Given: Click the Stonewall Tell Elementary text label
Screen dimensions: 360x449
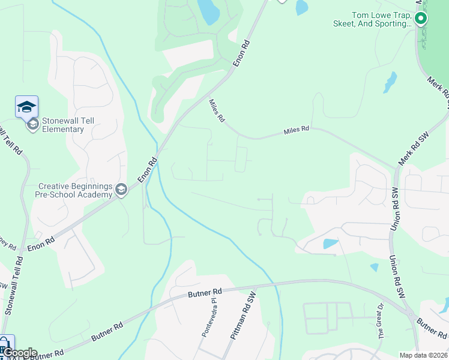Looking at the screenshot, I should click(x=62, y=125).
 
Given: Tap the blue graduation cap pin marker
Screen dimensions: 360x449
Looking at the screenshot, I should click(x=26, y=106).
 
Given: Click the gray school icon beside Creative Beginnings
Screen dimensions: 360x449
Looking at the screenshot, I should click(x=121, y=190).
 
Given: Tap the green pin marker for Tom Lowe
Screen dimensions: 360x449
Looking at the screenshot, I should click(x=421, y=19).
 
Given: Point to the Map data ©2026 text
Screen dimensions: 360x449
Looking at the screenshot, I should click(x=423, y=355).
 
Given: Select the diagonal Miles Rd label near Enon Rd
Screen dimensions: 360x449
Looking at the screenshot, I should click(x=216, y=111).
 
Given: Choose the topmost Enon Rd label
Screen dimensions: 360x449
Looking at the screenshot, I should click(x=241, y=53).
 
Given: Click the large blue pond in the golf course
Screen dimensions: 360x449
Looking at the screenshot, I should click(x=208, y=11).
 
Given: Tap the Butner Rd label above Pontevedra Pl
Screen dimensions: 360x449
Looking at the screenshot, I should click(x=205, y=292).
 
